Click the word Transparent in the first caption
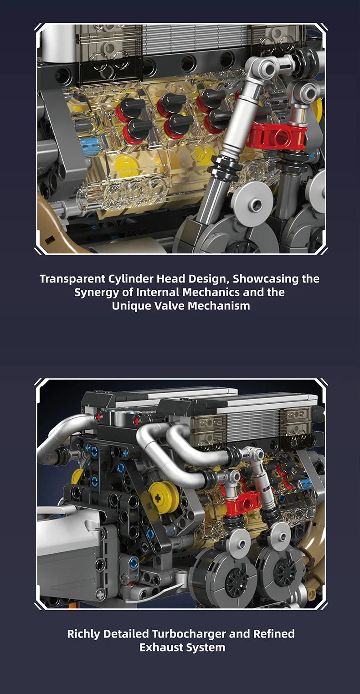[72, 278]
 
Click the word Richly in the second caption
[85, 633]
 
